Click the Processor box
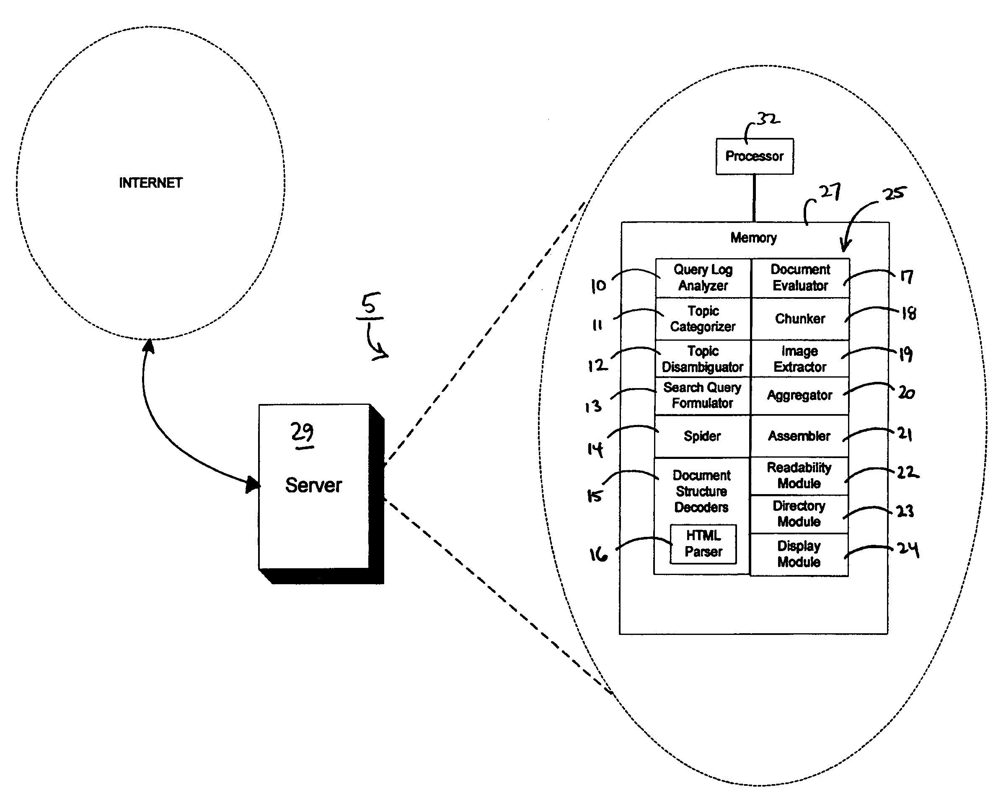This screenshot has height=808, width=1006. click(755, 156)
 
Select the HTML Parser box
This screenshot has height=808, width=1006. click(703, 544)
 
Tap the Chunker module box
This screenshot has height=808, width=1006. click(800, 319)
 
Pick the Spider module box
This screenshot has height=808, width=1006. click(702, 436)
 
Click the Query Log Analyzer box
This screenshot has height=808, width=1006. click(703, 278)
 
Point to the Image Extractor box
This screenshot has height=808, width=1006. click(800, 358)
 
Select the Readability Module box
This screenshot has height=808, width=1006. click(799, 476)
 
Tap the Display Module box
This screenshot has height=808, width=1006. click(799, 554)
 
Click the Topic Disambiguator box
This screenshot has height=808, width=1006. click(703, 358)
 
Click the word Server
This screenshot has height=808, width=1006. click(313, 485)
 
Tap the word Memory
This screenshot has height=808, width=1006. click(754, 238)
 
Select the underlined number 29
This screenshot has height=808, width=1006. click(303, 434)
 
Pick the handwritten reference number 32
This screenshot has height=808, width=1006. click(768, 119)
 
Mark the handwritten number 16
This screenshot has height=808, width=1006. click(598, 554)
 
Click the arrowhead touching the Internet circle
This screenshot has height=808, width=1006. click(148, 346)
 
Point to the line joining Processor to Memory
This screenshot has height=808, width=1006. click(754, 198)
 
